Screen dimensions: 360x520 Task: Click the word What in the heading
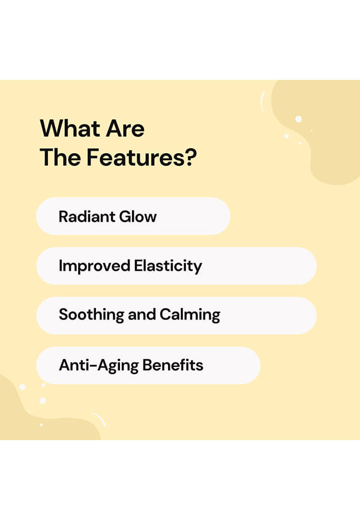[70, 128]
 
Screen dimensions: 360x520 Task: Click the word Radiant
[87, 217]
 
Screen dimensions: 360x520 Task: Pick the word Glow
[138, 217]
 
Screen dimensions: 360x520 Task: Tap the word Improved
[94, 266]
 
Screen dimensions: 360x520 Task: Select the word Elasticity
[168, 266]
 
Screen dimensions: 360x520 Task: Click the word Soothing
[91, 315]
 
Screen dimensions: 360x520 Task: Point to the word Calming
[190, 315]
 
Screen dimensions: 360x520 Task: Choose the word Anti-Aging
[99, 366]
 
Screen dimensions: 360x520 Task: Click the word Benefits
[173, 365]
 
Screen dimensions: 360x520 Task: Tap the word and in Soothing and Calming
[142, 315]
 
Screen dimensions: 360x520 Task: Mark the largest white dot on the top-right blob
[298, 119]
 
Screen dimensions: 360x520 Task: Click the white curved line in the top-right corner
[262, 101]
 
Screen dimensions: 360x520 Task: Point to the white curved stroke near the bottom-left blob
[100, 419]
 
